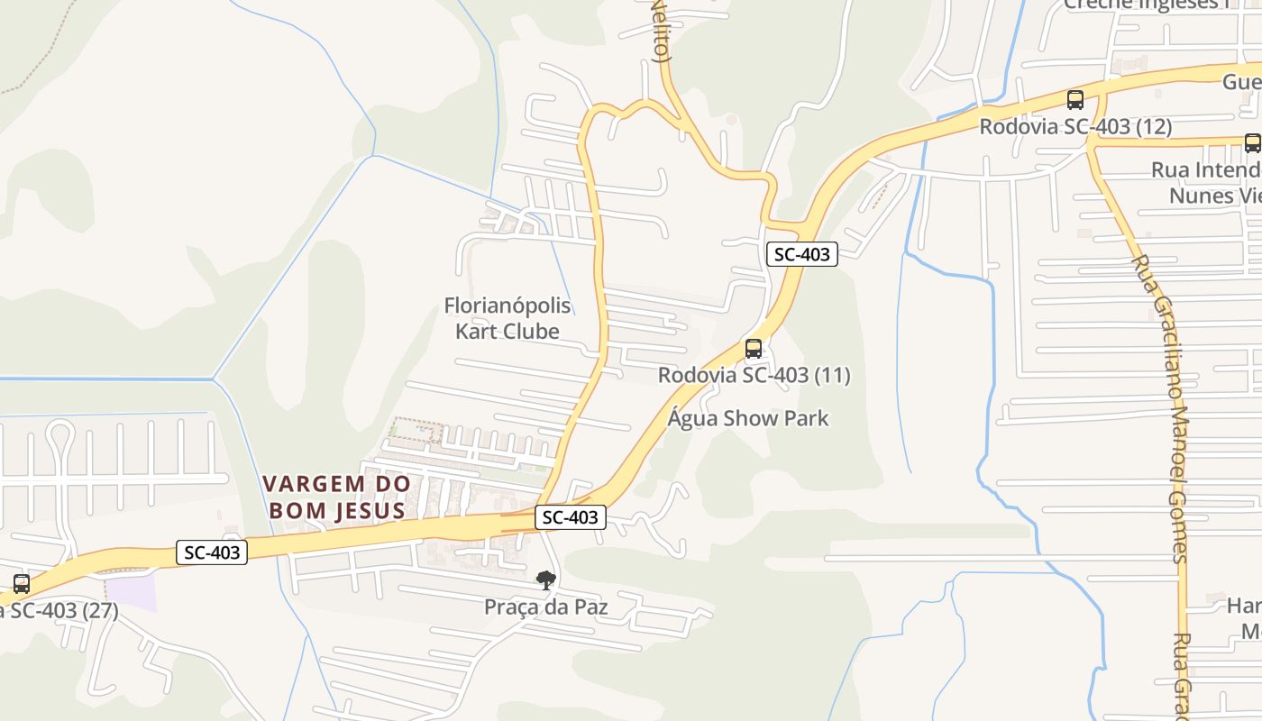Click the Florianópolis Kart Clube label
[x=507, y=318]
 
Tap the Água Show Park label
[x=748, y=418]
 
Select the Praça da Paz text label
[x=545, y=607]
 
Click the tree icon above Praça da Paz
[x=545, y=580]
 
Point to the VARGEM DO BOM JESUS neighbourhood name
[x=336, y=497]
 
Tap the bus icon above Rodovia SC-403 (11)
[x=754, y=349]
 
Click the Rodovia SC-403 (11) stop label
[x=754, y=375]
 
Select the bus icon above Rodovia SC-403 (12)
[x=1075, y=100]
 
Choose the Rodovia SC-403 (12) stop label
[x=1075, y=127]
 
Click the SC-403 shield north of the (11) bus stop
[x=802, y=254]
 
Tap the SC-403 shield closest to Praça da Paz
[x=571, y=517]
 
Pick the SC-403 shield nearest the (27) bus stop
[x=212, y=552]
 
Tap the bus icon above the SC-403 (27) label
[x=22, y=583]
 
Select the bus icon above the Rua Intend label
[x=1252, y=142]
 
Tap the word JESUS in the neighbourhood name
[x=370, y=511]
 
